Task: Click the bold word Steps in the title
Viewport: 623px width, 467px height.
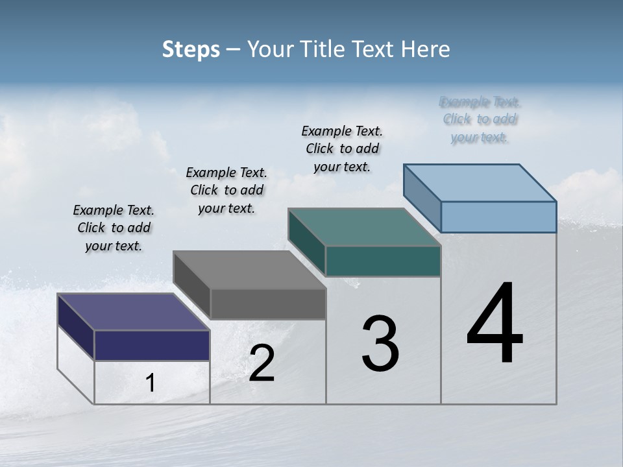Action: [191, 49]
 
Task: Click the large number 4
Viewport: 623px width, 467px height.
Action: [495, 324]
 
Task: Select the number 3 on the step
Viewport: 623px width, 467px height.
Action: [380, 344]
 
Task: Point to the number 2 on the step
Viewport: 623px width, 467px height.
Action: [262, 363]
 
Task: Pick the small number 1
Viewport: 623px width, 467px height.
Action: [151, 383]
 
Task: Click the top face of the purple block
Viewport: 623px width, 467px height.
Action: [133, 312]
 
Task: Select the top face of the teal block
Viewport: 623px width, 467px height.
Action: [364, 228]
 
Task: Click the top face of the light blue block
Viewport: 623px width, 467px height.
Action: [480, 183]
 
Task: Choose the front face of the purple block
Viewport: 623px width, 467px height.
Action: [152, 345]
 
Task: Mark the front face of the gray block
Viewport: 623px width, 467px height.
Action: [267, 304]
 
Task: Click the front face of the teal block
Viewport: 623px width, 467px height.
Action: [383, 261]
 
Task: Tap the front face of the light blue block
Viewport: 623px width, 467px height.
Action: [498, 217]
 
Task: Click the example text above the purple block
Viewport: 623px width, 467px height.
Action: [114, 228]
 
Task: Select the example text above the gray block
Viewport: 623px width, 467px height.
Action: [226, 190]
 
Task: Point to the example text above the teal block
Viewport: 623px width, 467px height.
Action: [342, 149]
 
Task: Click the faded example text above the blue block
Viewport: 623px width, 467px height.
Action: [480, 119]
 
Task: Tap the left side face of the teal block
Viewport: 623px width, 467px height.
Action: [306, 241]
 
